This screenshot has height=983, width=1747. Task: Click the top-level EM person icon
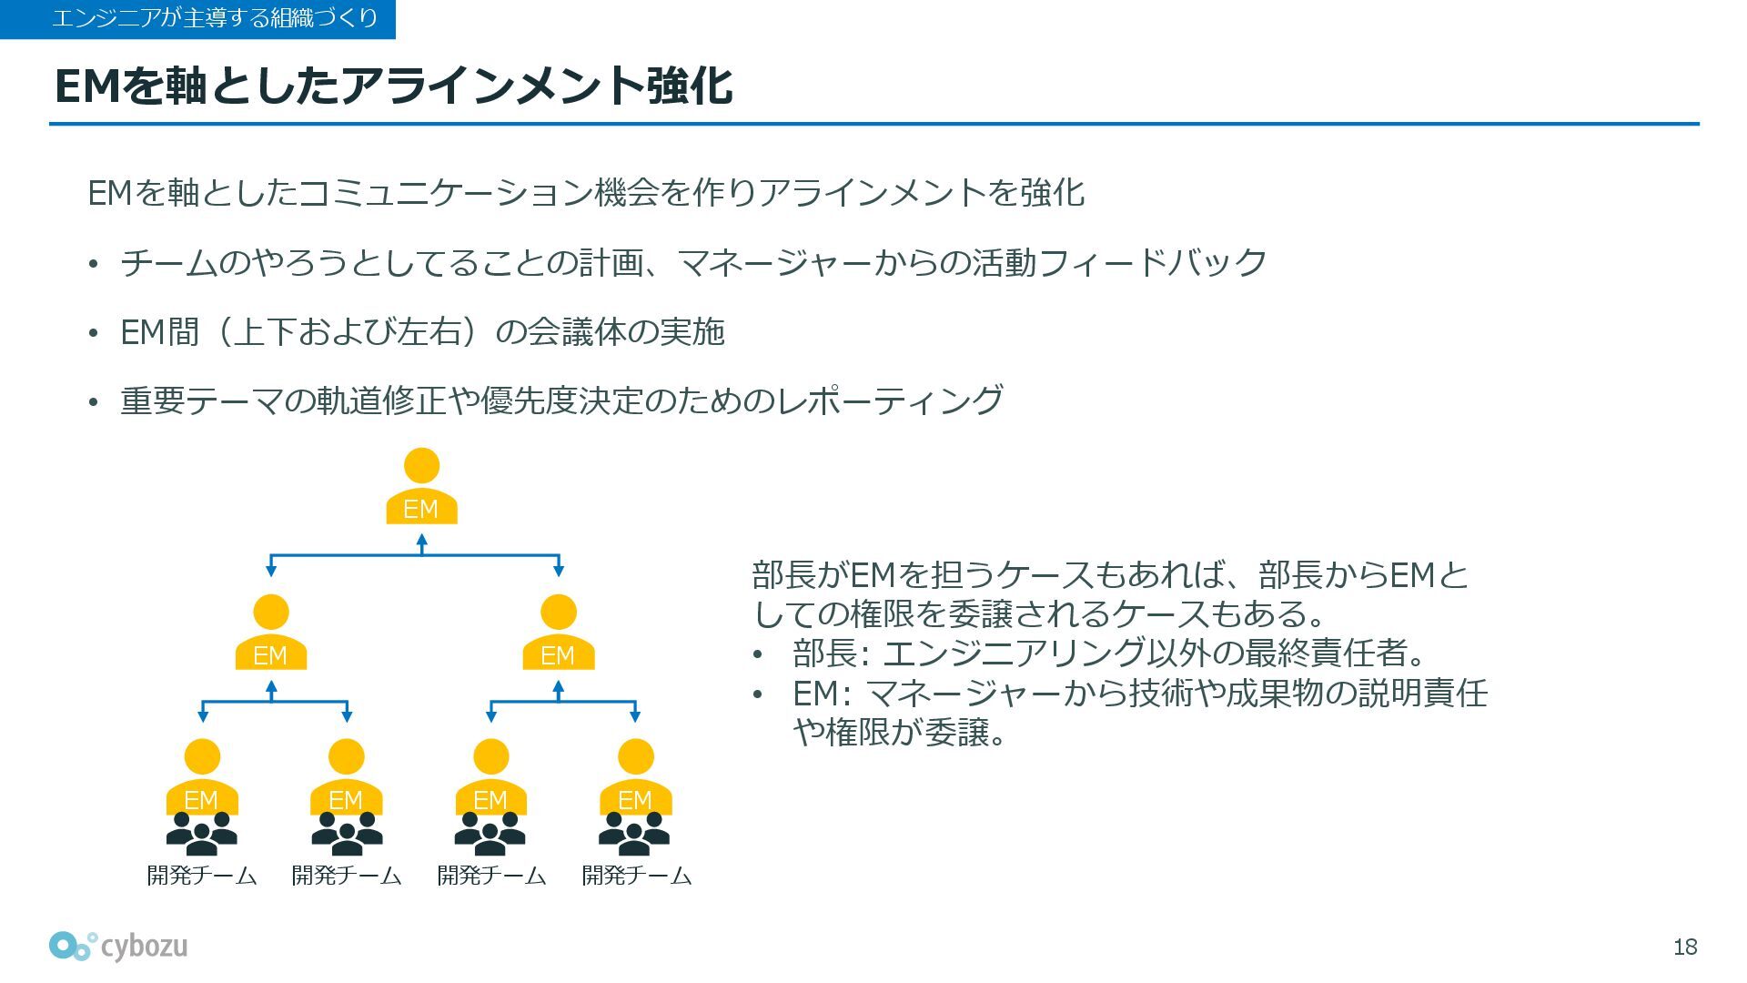421,487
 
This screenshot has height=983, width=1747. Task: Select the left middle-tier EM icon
270,633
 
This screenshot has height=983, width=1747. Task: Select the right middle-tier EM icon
558,633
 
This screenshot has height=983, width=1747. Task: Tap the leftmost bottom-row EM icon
202,777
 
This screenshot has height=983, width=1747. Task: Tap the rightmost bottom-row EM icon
635,777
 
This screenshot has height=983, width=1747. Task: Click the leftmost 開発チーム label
202,876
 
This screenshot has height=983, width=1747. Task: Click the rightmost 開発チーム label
636,876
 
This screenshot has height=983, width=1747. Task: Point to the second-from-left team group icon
347,834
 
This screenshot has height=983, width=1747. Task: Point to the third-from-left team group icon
490,834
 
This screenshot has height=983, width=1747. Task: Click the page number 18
1685,948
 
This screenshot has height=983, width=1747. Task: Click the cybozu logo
119,947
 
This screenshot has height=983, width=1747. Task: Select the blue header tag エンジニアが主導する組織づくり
197,19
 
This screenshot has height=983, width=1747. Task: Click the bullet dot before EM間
93,334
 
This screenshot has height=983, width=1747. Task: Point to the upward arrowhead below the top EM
421,541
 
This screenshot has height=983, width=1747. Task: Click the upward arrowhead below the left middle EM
271,687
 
